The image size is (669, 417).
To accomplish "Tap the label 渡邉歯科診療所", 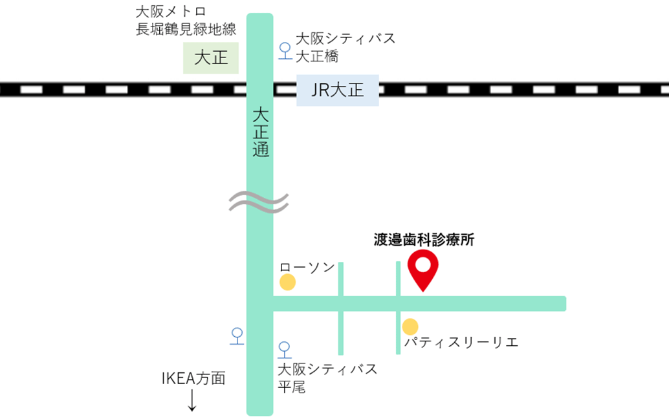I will tap(424, 240).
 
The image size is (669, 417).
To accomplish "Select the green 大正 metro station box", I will tap(212, 58).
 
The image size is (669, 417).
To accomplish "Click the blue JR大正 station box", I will tap(337, 91).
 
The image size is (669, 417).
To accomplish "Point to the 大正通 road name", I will tap(260, 133).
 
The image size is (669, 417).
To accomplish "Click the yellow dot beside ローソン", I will tap(287, 283).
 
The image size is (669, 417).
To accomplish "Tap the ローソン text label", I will tap(307, 267).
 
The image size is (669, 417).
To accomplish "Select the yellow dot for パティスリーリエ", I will tap(410, 327).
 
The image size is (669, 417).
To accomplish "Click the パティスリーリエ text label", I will tap(461, 342).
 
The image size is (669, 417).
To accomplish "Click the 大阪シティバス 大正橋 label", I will tap(345, 47).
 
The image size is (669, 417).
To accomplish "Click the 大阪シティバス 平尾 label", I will tap(327, 378).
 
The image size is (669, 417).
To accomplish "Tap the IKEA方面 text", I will tap(193, 379).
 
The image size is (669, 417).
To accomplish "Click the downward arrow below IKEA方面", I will tap(192, 400).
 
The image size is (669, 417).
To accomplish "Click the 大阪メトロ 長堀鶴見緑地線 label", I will tap(186, 20).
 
